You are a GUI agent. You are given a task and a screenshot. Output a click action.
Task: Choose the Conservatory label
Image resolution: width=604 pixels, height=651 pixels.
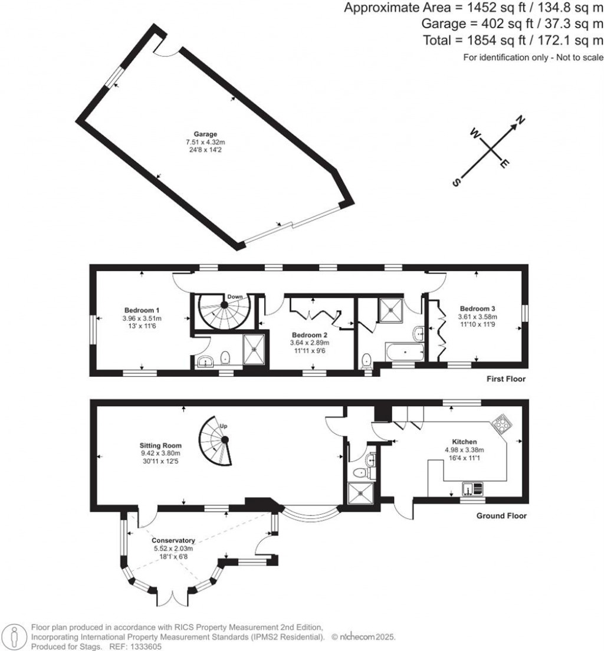click(x=173, y=540)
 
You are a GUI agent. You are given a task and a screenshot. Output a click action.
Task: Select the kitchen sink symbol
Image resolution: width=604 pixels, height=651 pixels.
click(x=472, y=488)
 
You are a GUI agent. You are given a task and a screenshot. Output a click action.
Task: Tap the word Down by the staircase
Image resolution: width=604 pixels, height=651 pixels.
click(x=235, y=297)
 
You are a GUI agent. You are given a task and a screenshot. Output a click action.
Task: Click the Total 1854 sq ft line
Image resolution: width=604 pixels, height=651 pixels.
click(x=513, y=40)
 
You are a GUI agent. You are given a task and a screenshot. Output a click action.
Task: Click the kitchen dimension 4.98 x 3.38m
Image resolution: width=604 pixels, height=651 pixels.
click(x=464, y=449)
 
